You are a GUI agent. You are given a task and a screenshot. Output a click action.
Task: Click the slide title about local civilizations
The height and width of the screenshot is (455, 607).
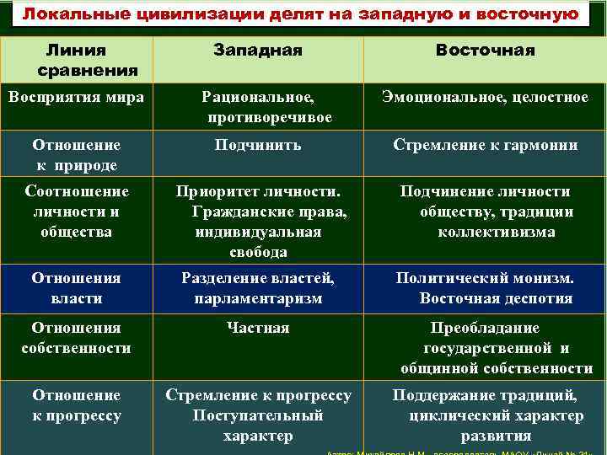coord(300,15)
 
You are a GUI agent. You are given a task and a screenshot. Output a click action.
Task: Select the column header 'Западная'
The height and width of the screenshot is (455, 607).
coord(257,51)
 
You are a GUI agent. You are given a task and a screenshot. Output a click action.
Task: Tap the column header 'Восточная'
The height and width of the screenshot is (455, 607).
coord(485,51)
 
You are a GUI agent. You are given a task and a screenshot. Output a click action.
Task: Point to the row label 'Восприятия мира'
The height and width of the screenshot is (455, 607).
coord(76,98)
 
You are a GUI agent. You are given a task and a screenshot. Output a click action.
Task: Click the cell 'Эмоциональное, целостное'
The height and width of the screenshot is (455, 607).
coord(485,98)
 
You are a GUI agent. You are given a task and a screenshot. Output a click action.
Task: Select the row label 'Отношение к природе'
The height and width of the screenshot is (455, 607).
coord(76,154)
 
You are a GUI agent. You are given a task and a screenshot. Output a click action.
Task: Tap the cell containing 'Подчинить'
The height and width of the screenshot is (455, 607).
coord(257,145)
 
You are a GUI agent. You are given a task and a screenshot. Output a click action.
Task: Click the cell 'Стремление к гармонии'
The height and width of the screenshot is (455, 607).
coord(485,145)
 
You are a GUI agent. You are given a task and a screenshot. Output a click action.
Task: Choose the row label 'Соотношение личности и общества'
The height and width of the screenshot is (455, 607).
coord(76,211)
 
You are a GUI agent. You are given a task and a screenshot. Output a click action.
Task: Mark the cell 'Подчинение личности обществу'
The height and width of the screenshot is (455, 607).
coord(485,211)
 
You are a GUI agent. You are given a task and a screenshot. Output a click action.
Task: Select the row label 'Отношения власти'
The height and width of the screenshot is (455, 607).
coord(76,287)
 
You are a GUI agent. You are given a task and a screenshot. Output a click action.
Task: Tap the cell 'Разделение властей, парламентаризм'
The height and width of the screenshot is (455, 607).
coord(257,287)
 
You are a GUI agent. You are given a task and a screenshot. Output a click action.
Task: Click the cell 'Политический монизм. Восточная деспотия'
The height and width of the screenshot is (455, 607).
coord(485,287)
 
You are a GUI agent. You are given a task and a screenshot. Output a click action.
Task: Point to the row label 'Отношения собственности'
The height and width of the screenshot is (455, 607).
coord(76,337)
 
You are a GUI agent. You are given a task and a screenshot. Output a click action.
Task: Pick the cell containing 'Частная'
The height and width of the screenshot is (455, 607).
coord(257,328)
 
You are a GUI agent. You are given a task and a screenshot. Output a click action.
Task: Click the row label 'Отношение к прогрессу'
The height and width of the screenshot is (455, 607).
coord(76,405)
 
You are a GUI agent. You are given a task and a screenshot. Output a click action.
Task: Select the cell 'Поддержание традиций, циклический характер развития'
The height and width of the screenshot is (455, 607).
coord(485,415)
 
